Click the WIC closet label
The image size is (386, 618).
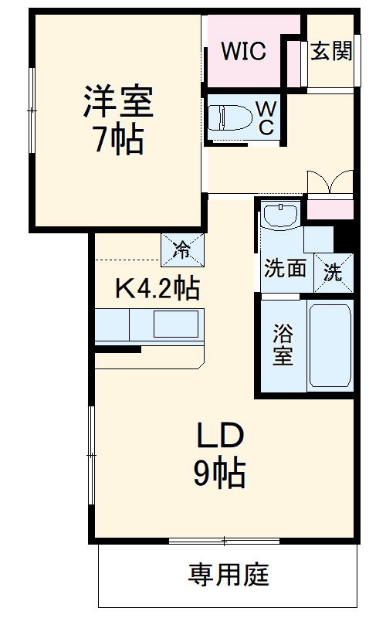click(243, 52)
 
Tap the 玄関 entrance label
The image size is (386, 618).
click(332, 51)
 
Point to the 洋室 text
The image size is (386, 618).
click(118, 103)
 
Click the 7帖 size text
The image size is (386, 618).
click(118, 140)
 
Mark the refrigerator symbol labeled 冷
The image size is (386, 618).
click(183, 249)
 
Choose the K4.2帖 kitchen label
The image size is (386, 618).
click(157, 289)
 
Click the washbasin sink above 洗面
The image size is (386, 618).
click(280, 214)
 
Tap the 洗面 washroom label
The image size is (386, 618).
click(285, 269)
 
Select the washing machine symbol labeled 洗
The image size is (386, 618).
click(333, 271)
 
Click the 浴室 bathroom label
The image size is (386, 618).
click(283, 345)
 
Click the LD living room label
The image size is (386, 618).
click(220, 436)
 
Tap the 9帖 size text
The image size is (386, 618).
click(219, 473)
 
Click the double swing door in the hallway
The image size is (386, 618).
click(330, 183)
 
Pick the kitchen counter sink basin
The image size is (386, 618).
click(177, 324)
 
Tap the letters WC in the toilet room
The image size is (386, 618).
click(264, 117)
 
